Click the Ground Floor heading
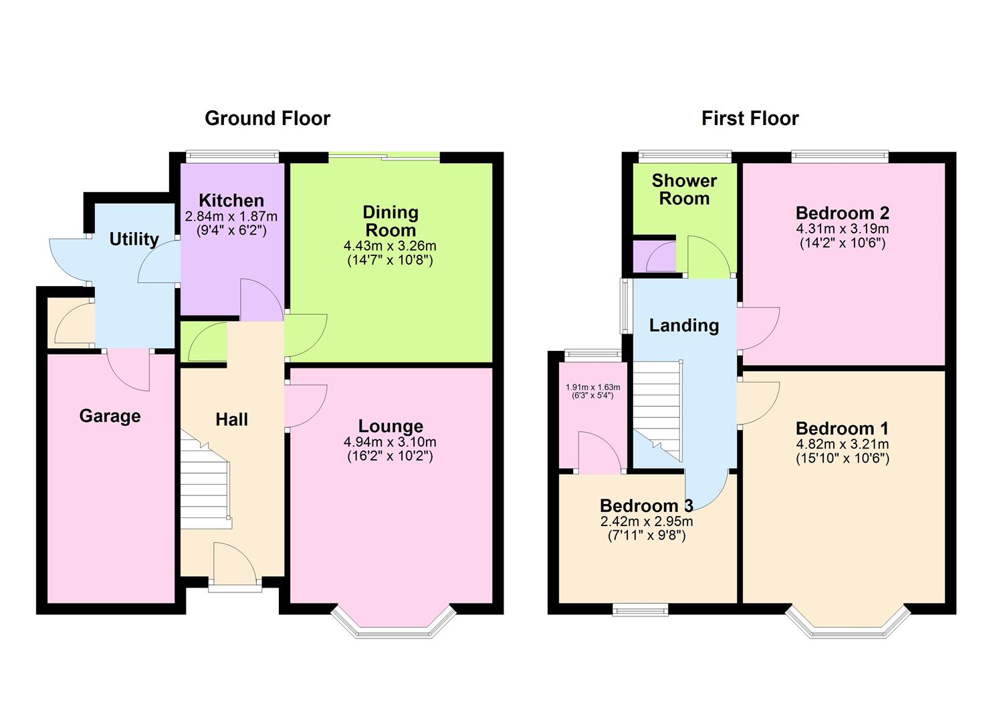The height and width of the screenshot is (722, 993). point(267,118)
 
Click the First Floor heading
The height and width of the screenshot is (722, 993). point(750,118)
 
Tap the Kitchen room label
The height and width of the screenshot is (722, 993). point(231,201)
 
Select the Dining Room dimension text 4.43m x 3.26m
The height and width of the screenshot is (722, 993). point(390,246)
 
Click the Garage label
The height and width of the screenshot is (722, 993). point(110,416)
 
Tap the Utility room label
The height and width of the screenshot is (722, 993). point(134,239)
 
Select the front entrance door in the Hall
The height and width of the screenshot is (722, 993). point(235,568)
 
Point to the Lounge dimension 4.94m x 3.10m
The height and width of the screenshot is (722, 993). point(390,442)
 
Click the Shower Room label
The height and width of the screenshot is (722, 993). point(684,189)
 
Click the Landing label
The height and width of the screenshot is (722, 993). point(684,326)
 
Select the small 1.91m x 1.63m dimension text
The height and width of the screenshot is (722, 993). point(592,387)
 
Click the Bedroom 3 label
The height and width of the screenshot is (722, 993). point(646,505)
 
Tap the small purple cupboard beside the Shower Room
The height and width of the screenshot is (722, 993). point(654,255)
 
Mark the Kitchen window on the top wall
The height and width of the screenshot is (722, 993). point(231,156)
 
